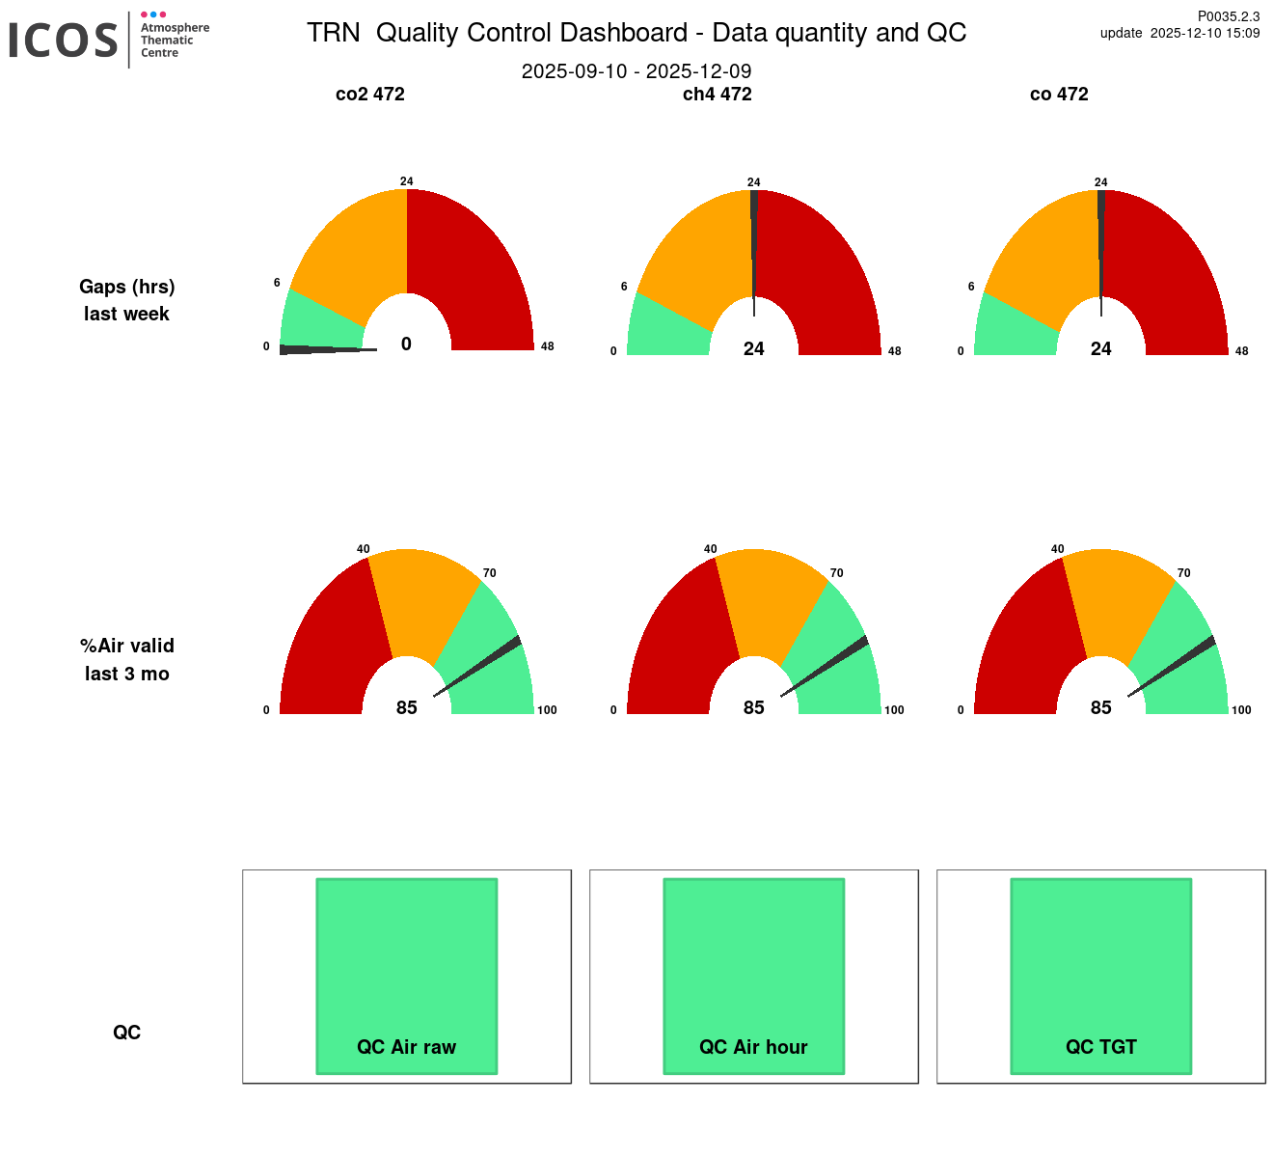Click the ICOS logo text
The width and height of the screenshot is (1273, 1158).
(x=64, y=41)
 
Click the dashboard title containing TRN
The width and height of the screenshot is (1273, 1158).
(x=636, y=33)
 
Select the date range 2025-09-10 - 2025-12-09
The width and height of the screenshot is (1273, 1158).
(x=636, y=71)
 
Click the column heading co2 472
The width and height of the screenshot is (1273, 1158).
(x=370, y=95)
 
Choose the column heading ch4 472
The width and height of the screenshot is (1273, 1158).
(x=717, y=95)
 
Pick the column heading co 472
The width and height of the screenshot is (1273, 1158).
(x=1059, y=95)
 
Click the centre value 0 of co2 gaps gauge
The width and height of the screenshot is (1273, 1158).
(x=406, y=345)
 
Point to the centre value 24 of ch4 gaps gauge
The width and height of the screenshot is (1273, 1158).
(x=754, y=349)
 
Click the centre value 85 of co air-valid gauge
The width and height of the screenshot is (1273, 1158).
(x=1101, y=708)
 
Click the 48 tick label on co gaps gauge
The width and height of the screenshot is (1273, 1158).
(x=1242, y=351)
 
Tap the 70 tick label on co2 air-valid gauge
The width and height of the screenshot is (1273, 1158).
(x=490, y=573)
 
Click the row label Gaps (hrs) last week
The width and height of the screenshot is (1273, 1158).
(x=127, y=300)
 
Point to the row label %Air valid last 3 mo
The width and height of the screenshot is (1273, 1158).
(x=127, y=660)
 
